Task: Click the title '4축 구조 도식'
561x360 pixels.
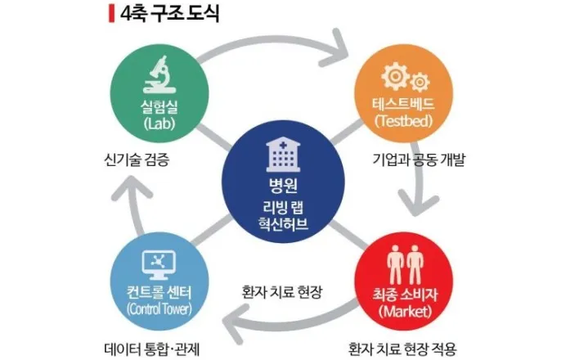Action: pyautogui.click(x=168, y=14)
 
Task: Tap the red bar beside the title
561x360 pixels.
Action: pyautogui.click(x=110, y=14)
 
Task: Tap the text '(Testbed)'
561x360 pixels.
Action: pyautogui.click(x=402, y=122)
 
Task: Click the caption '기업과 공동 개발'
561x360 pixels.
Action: pyautogui.click(x=416, y=158)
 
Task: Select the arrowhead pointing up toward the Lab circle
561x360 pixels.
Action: pyautogui.click(x=123, y=191)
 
